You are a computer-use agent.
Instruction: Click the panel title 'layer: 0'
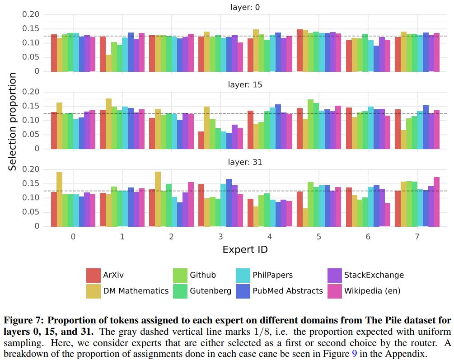244,7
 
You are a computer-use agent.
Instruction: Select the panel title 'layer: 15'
244,84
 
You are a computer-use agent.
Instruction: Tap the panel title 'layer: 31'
244,162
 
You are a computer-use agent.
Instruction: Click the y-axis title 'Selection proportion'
13,122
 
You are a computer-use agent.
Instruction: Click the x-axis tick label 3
220,237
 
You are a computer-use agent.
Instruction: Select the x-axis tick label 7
417,237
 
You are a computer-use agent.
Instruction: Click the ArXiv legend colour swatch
94,275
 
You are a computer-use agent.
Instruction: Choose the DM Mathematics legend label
136,291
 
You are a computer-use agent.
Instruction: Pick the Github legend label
203,275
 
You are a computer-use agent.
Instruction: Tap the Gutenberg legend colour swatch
180,291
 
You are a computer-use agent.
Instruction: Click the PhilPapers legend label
273,275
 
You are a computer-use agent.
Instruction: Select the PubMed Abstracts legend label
288,291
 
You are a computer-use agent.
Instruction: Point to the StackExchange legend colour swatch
335,275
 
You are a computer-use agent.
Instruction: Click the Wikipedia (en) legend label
372,291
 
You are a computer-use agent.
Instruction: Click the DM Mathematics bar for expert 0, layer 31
60,199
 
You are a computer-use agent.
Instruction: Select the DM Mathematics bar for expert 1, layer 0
108,63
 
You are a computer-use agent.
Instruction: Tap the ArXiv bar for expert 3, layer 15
201,140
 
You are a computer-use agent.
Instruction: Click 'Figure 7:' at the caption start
23,320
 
